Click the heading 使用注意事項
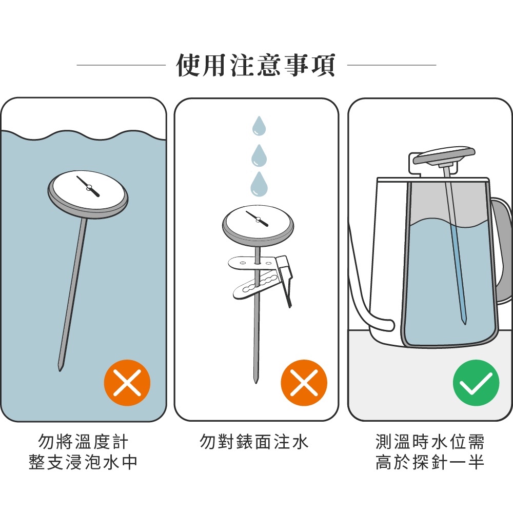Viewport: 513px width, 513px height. click(x=256, y=66)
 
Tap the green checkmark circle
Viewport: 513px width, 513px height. click(x=476, y=383)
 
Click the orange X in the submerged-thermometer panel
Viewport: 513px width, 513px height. click(x=127, y=383)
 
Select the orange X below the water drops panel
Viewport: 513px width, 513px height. click(x=304, y=383)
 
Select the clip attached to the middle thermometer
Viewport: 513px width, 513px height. click(x=262, y=278)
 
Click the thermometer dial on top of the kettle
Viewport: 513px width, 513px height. click(x=444, y=156)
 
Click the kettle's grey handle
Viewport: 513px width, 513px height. click(x=501, y=252)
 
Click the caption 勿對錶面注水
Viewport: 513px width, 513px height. click(x=254, y=442)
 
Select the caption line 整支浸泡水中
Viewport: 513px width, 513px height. click(x=83, y=462)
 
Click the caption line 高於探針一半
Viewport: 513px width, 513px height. click(x=429, y=462)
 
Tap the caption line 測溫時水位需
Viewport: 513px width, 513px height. click(x=429, y=442)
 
